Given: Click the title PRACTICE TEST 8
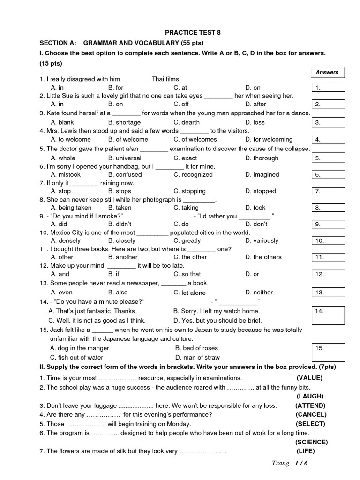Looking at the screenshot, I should point(192,32).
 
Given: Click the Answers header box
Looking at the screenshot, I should point(327,72).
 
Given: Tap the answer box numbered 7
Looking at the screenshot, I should point(328,191).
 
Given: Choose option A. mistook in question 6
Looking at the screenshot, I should point(66,174).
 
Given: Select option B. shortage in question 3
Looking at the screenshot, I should point(124,122).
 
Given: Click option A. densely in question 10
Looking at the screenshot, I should point(66,240).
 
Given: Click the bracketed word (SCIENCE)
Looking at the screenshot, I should point(311,442).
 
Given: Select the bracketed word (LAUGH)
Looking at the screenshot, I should point(310,396).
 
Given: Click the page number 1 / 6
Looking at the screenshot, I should point(304,464).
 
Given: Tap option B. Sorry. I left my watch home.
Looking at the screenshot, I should point(216,311).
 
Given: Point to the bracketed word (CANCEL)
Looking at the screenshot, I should point(311,414).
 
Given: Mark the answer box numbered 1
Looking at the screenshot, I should point(328,88).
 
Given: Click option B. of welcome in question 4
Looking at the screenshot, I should point(128,139).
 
